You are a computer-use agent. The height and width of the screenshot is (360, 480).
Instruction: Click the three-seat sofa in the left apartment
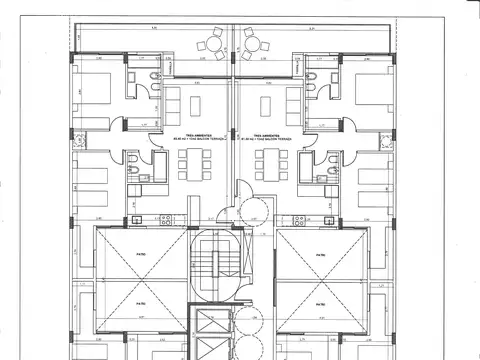tap(171, 102)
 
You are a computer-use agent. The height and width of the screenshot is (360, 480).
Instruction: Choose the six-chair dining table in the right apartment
tap(268, 160)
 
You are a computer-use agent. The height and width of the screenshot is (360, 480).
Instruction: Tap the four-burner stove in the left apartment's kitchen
tap(168, 217)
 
